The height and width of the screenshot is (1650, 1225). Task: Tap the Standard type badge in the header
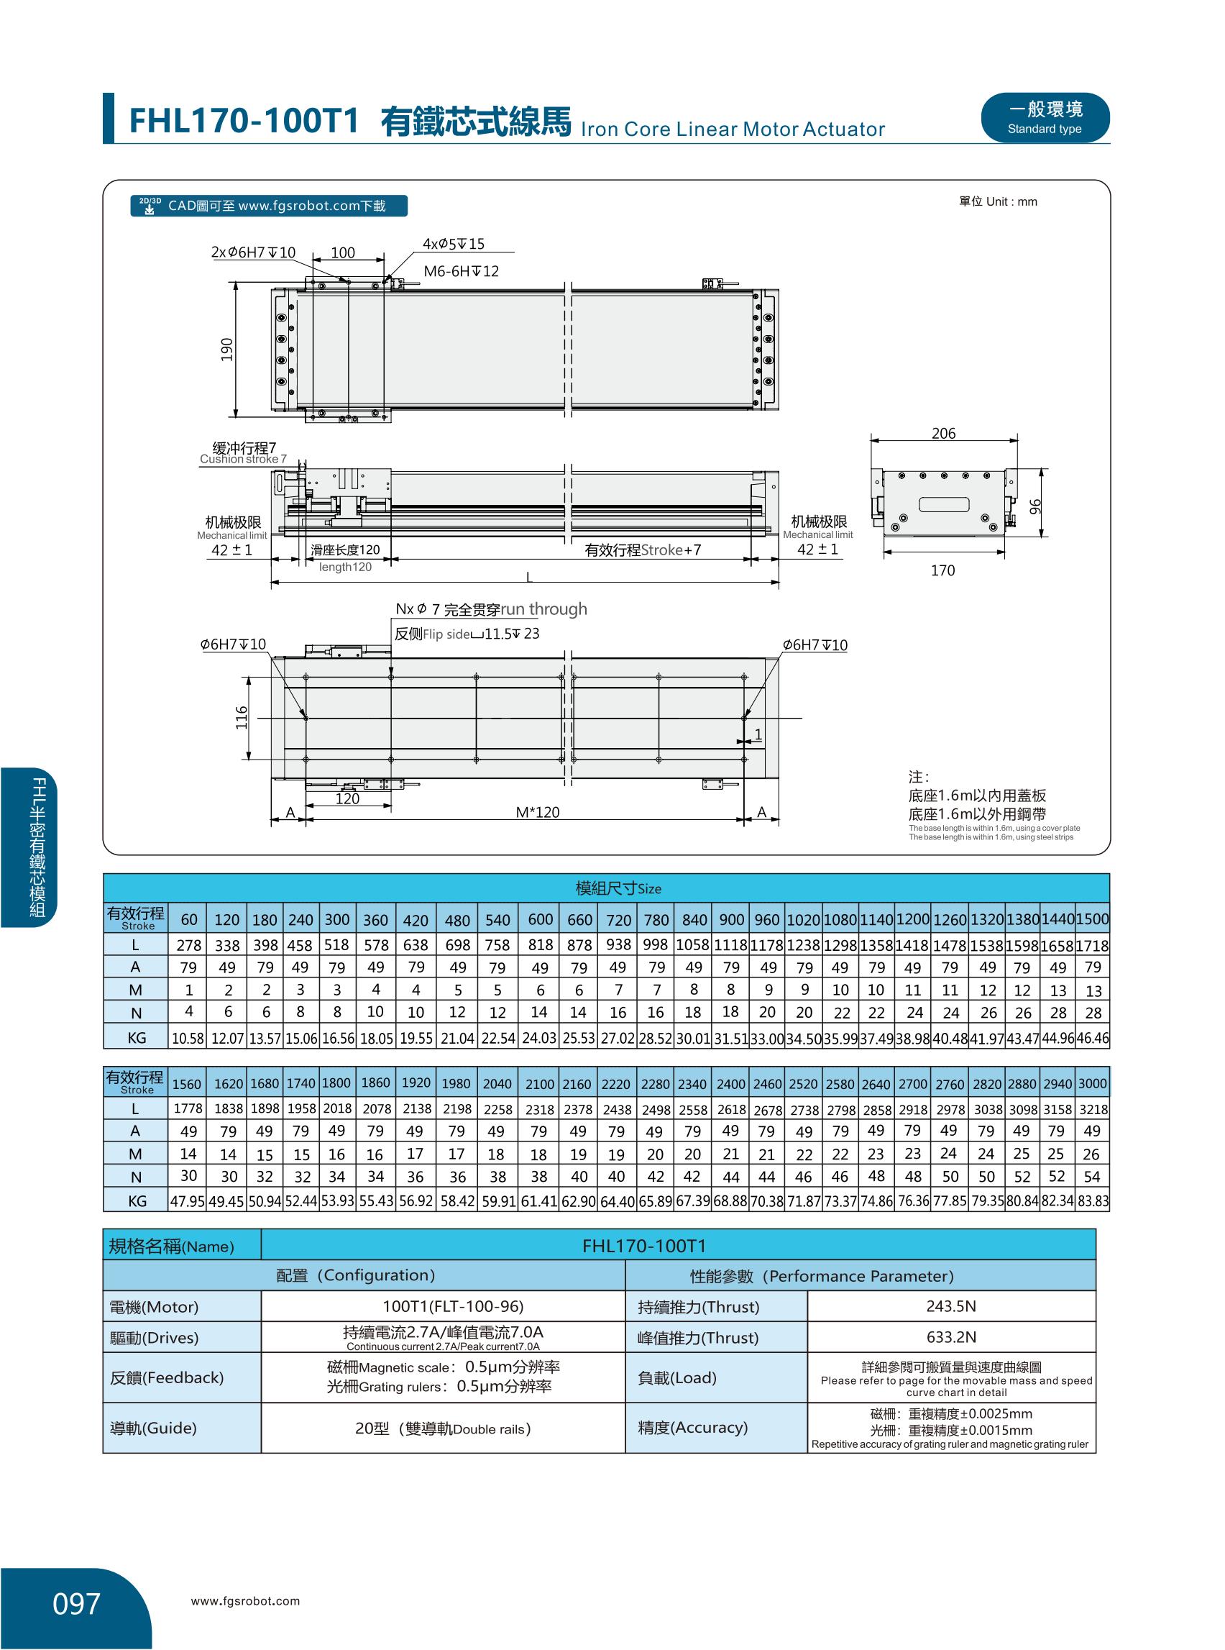click(1045, 118)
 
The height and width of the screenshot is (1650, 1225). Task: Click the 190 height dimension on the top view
click(227, 350)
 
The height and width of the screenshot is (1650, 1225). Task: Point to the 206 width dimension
click(943, 433)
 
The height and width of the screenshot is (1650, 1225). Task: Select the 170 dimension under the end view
click(942, 570)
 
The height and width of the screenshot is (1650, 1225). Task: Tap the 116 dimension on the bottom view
click(242, 717)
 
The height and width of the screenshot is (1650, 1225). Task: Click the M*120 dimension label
click(538, 812)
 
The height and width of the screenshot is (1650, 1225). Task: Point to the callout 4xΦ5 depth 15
click(453, 244)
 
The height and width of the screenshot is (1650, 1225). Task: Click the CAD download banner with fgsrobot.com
click(268, 206)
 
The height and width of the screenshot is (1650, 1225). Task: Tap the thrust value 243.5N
click(950, 1306)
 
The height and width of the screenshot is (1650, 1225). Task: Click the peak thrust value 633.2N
click(950, 1338)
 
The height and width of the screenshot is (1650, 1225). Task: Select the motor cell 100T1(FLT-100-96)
click(443, 1306)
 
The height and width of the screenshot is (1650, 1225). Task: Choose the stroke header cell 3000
click(1092, 1084)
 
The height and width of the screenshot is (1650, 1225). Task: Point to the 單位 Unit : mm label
click(997, 202)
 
